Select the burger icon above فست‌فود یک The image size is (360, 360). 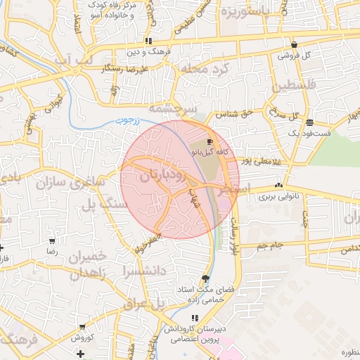pyautogui.click(x=310, y=123)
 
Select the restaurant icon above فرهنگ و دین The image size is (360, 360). pyautogui.click(x=148, y=41)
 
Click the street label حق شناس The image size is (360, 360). pyautogui.click(x=237, y=112)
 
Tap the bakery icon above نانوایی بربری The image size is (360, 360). pyautogui.click(x=279, y=186)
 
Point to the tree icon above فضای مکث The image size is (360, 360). pyautogui.click(x=205, y=278)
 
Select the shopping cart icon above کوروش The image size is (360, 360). pyautogui.click(x=83, y=326)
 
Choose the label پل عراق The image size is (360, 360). pyautogui.click(x=144, y=304)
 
